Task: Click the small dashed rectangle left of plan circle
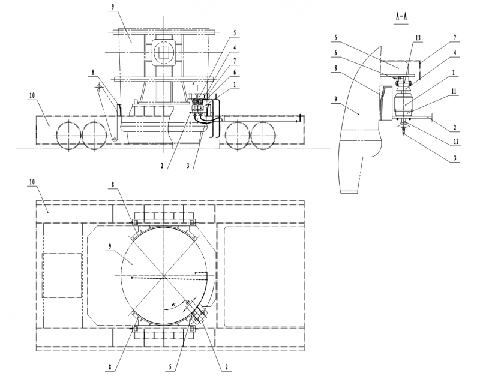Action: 62,275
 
